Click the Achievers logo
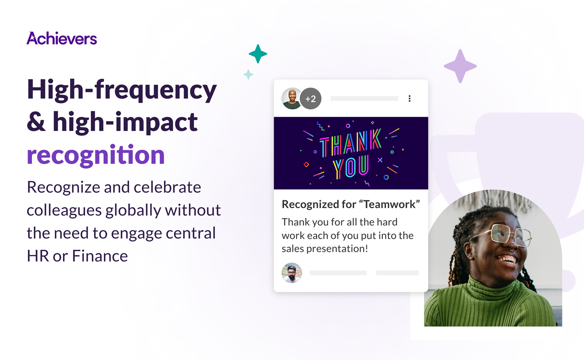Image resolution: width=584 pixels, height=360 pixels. pos(62,38)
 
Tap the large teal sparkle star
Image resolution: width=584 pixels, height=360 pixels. pos(258,54)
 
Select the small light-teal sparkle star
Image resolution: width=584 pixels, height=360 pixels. pos(248,75)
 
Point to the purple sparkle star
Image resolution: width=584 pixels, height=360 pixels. pos(460,66)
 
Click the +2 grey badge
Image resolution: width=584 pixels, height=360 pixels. pos(310,99)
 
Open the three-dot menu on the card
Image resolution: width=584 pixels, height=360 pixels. pos(409,99)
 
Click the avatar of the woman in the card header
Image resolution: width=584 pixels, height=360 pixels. pos(292,99)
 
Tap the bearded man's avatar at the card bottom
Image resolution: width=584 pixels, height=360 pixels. pos(292,273)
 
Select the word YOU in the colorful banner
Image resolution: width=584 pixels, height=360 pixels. pos(350,167)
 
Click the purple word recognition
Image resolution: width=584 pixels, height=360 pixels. pos(96,155)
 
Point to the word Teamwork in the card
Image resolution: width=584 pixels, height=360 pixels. pos(389,204)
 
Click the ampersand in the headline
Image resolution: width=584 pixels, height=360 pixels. pos(36,122)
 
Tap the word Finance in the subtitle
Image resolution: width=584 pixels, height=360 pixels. pos(100,256)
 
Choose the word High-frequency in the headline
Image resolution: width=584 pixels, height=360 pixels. pos(122,90)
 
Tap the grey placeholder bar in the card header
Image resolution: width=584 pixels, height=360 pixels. pos(364,99)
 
